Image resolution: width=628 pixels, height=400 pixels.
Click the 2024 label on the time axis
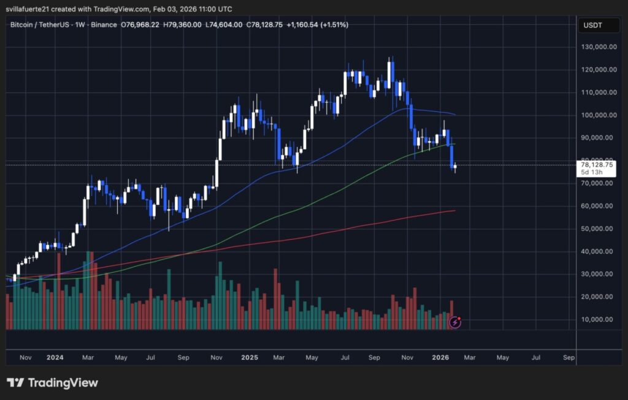tap(55, 357)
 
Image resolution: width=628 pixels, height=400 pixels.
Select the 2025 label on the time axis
tap(249, 357)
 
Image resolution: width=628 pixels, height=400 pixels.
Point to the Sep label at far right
tap(568, 357)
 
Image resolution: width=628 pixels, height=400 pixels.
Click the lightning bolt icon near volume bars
tap(455, 322)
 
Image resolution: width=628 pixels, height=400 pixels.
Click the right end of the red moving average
tap(454, 211)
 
